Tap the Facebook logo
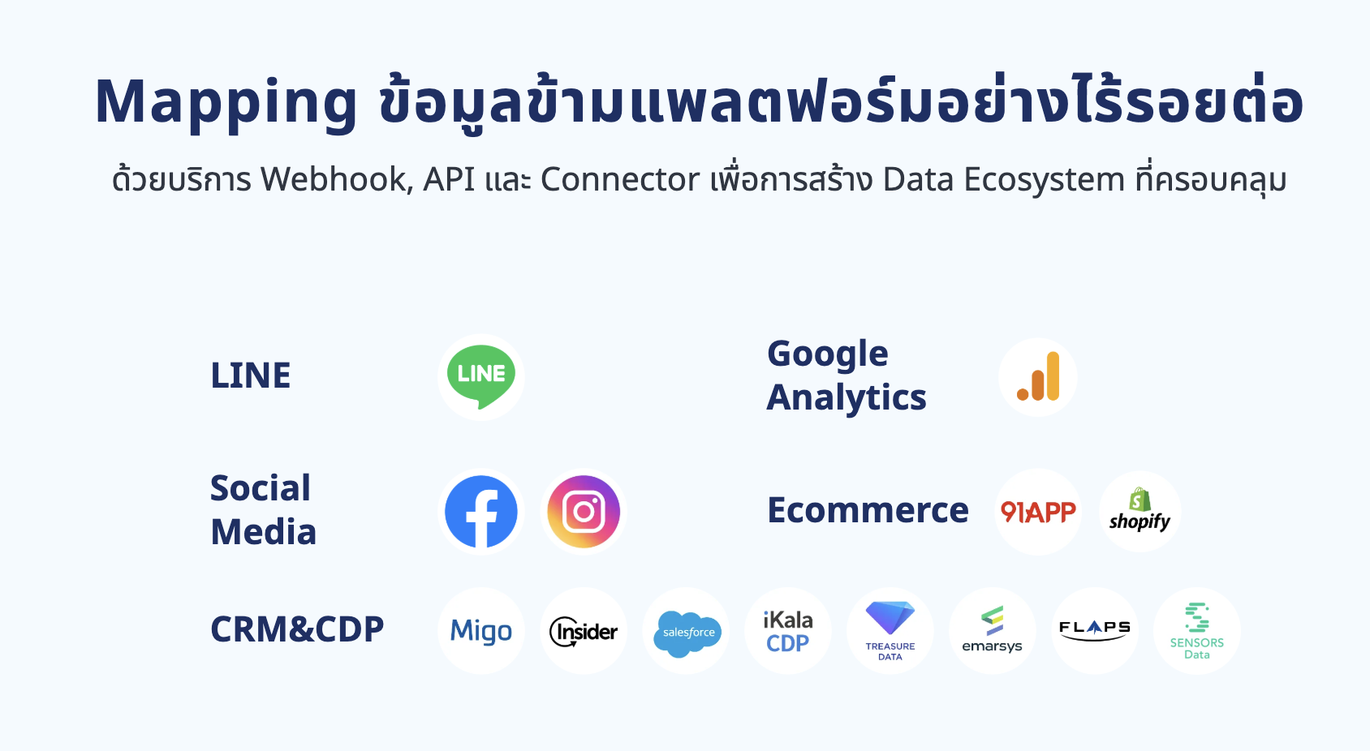pos(480,512)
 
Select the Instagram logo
pos(584,512)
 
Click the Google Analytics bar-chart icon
pos(1038,376)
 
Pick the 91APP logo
pos(1038,512)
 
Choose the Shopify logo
pos(1140,509)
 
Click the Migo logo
pos(480,632)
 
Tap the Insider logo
pos(584,632)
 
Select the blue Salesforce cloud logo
pos(687,633)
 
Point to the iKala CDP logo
pos(788,632)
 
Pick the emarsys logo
pos(992,630)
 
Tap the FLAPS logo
pos(1095,631)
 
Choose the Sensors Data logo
pos(1197,631)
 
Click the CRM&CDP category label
pos(297,629)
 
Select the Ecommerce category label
pos(868,509)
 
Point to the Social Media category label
pos(263,509)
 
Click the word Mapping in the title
pos(226,103)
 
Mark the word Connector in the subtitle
pos(620,180)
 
